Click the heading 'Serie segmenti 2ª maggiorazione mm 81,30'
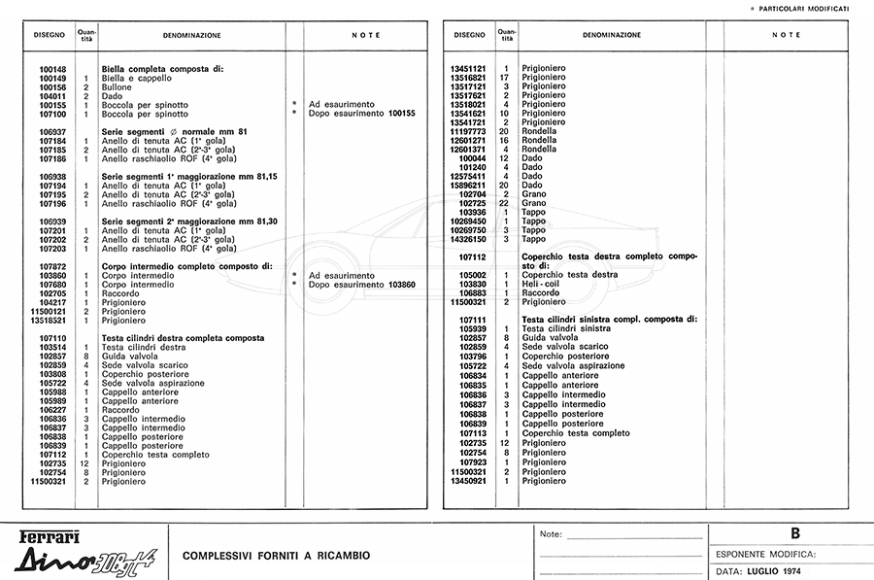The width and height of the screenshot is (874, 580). [189, 222]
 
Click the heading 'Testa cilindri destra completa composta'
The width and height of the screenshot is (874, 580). [183, 338]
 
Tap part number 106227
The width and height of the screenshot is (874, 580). [52, 410]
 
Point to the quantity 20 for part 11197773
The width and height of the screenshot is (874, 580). [505, 131]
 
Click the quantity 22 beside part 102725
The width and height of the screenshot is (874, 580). [505, 203]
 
